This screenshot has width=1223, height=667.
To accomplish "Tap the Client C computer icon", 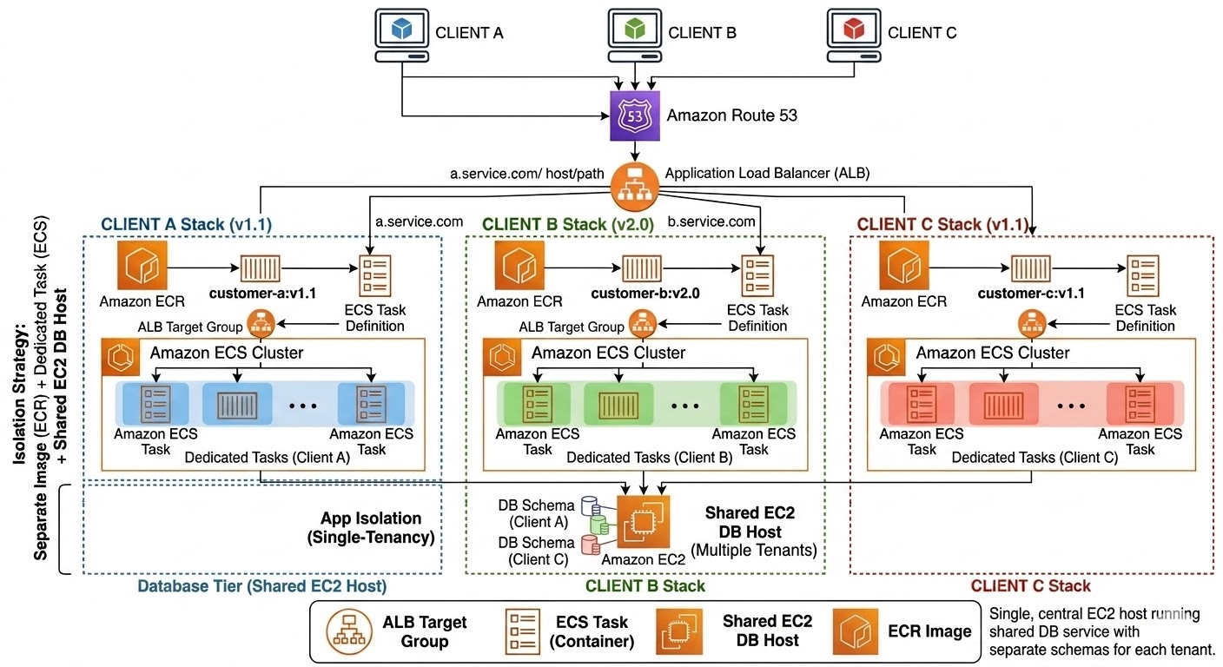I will click(x=855, y=34).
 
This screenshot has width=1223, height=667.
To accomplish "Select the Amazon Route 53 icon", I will click(x=636, y=116).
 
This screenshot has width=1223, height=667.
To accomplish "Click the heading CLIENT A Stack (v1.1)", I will click(x=187, y=224).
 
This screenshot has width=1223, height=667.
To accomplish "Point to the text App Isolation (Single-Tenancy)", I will click(x=371, y=528).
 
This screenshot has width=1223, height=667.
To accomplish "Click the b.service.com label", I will click(x=711, y=222).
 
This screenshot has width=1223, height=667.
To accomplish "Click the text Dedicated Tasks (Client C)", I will click(x=1035, y=458).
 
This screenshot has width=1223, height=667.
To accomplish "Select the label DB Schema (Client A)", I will click(x=536, y=513).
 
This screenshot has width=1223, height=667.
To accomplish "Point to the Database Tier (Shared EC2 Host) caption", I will click(x=261, y=586).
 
